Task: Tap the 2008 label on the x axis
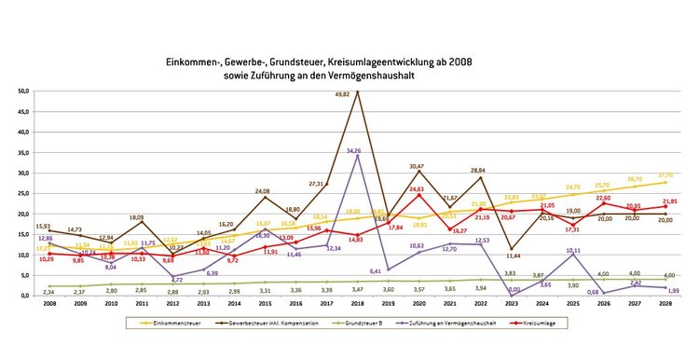(x=48, y=303)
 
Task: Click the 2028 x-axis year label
(x=665, y=303)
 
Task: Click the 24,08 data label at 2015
(x=263, y=191)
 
